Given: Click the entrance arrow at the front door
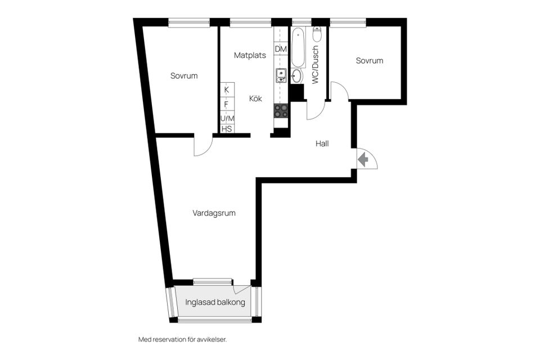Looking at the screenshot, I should click(363, 160).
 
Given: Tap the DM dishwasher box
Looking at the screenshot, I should click(281, 49).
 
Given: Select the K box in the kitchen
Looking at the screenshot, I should click(227, 89).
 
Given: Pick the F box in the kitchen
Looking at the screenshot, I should click(227, 104).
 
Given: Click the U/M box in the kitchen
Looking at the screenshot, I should click(227, 118).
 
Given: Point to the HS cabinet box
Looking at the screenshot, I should click(227, 129).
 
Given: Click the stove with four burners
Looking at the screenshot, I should click(281, 111).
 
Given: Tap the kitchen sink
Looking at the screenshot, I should click(281, 75).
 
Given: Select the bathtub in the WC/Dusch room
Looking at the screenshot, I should click(298, 47).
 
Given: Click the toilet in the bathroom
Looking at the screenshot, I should click(317, 35).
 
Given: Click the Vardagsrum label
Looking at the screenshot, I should click(214, 213).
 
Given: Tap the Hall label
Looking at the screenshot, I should click(322, 143).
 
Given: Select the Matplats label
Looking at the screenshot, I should click(250, 55).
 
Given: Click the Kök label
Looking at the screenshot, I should click(256, 98).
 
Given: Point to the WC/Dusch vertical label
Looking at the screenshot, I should click(315, 65).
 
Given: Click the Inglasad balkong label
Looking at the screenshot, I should click(215, 302).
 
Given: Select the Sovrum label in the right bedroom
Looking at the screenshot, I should click(370, 61).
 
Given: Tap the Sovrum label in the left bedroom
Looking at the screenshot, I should click(184, 75).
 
